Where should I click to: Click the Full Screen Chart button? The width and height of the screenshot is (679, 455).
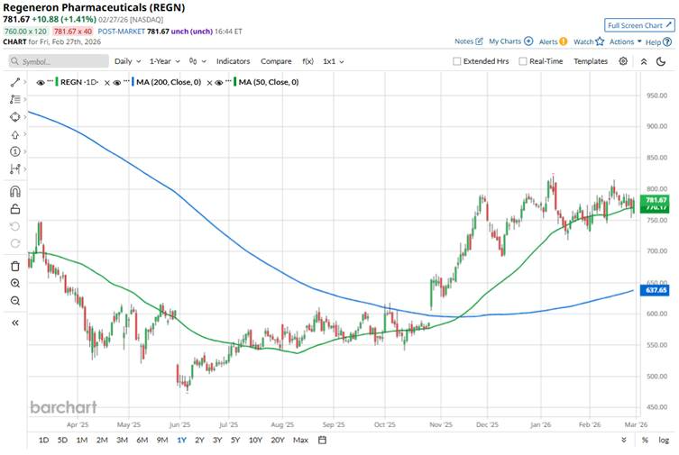639,25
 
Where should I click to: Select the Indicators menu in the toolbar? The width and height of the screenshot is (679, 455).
234,61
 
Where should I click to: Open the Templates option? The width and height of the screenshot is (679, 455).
591,61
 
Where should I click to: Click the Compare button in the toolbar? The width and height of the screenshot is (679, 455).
276,61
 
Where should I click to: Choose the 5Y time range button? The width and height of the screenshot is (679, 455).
235,440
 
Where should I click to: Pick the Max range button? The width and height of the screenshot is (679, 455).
300,440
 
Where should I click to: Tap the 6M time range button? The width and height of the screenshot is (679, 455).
142,440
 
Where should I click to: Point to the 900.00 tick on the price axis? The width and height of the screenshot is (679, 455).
656,126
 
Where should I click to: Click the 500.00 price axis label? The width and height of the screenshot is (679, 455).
656,377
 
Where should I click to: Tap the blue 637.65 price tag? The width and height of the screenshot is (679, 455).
656,291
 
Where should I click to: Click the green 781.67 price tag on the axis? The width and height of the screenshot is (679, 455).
656,199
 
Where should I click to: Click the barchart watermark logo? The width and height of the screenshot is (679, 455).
63,407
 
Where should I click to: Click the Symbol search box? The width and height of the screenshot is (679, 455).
59,61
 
